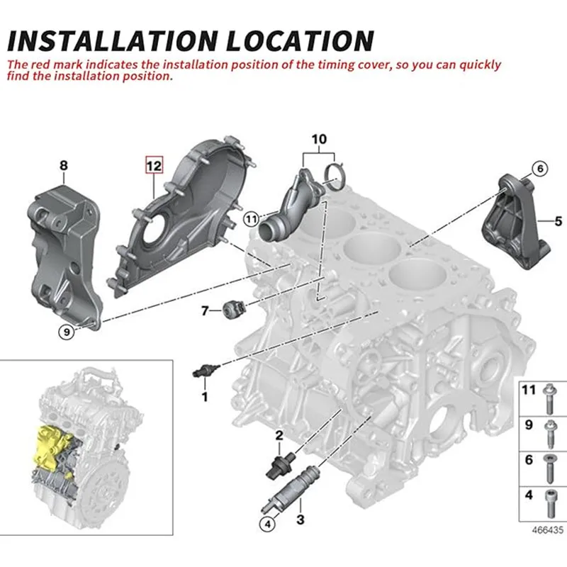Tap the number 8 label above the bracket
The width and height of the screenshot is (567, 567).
coord(63,166)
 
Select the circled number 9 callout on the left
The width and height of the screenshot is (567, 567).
coord(65,330)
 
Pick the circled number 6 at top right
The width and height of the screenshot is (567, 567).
coord(539,168)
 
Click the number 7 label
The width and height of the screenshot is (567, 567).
coord(205,310)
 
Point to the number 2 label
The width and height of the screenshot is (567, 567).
coord(279,434)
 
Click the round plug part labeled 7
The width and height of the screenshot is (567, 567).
coord(233,310)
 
